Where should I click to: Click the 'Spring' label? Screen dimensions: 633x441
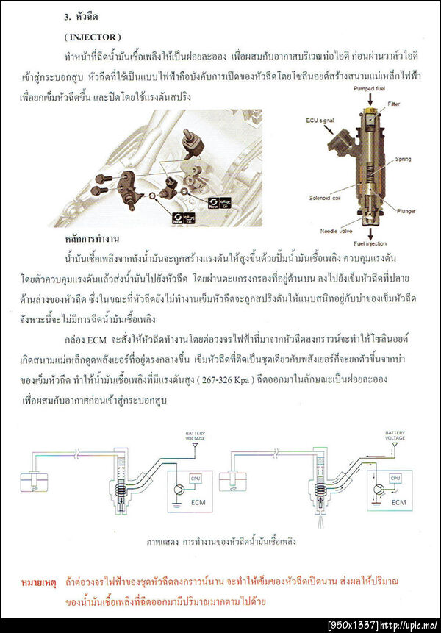(x=402, y=159)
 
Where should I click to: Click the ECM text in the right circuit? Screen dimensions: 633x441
(x=399, y=504)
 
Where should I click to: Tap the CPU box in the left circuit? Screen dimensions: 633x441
(x=195, y=478)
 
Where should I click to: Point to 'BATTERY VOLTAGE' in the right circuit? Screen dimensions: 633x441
(x=395, y=435)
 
